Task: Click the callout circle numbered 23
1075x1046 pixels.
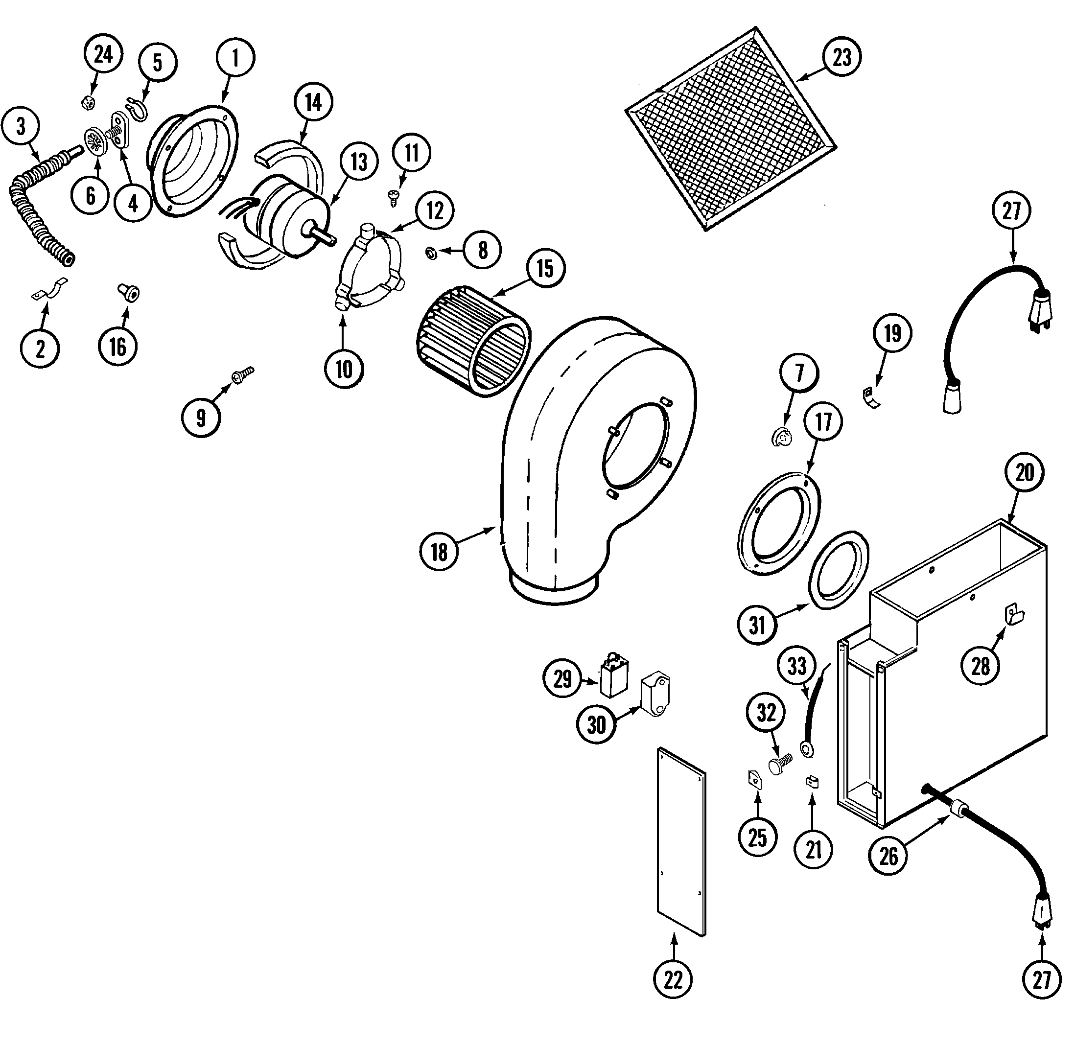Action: coord(842,57)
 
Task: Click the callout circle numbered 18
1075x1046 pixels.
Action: coord(439,552)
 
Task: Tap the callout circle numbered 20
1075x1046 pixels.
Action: coord(1025,472)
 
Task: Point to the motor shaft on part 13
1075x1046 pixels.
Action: coord(324,234)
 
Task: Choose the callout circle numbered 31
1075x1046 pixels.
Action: coord(757,625)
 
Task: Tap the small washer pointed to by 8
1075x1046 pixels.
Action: coord(431,253)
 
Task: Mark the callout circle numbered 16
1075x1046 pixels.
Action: coord(118,347)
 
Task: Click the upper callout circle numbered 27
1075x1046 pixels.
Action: coord(1011,211)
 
